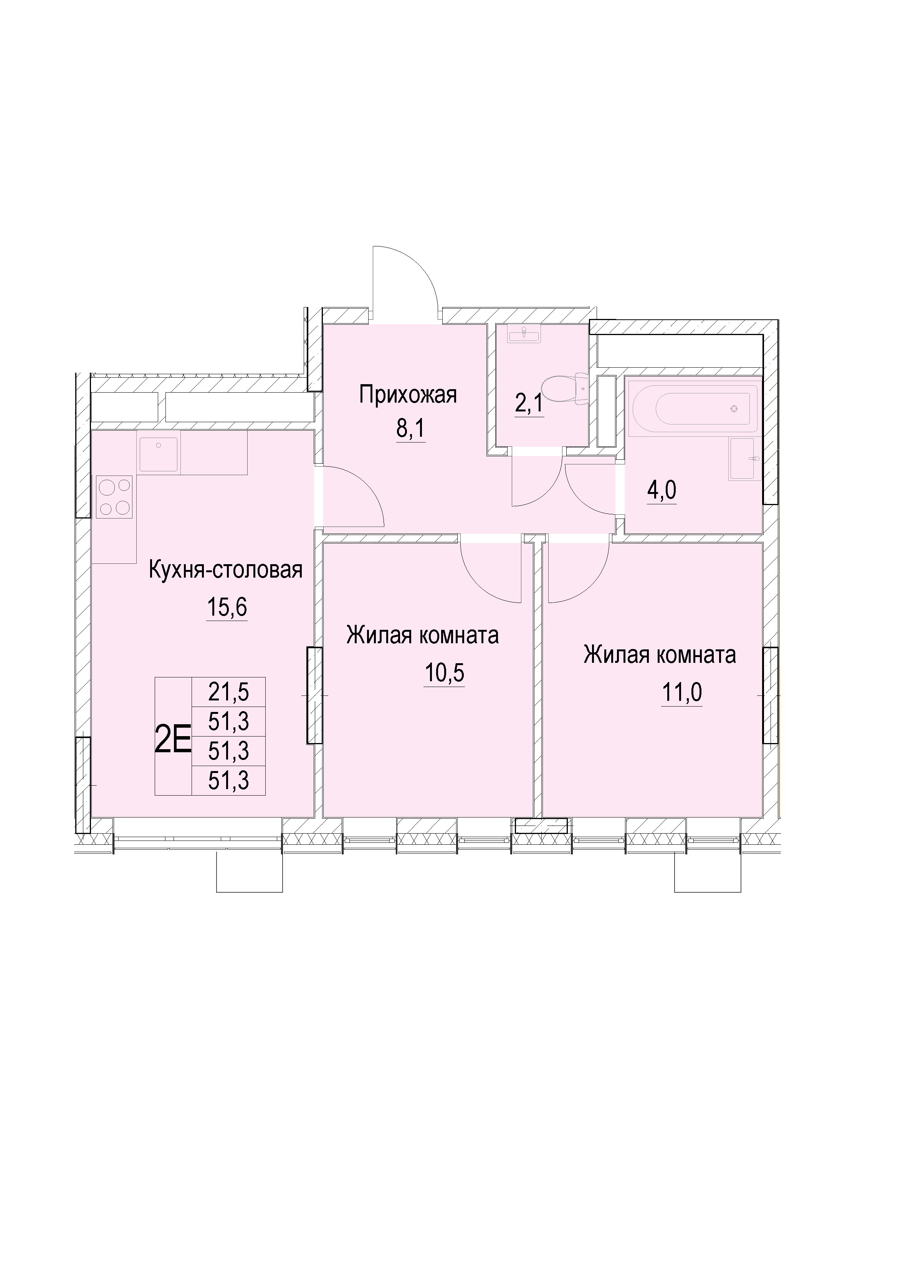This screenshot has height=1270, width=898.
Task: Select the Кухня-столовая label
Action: (x=226, y=570)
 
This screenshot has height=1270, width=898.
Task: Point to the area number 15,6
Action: (x=227, y=607)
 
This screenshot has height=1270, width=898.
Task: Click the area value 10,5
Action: (x=444, y=673)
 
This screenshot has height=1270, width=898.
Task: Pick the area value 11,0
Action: (x=682, y=692)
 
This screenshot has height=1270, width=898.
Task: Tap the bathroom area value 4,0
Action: (x=662, y=490)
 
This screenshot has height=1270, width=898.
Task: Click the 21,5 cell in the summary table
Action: (x=228, y=692)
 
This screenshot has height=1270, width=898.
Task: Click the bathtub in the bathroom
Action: (x=695, y=408)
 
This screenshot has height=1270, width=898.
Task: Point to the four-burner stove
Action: (x=114, y=497)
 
